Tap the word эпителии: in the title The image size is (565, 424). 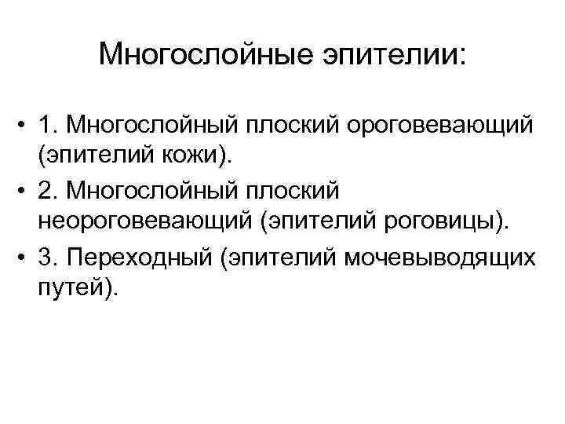388,55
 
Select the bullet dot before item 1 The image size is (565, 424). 25,124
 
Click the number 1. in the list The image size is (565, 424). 51,124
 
